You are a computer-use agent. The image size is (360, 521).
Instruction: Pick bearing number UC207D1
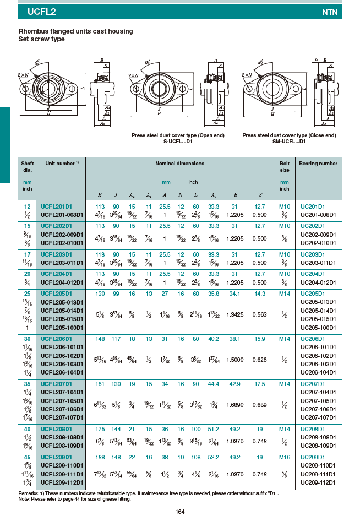pyautogui.click(x=312, y=383)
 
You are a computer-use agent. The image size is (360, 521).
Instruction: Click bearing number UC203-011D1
pyautogui.click(x=315, y=263)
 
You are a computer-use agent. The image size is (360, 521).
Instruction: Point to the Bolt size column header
pyautogui.click(x=285, y=166)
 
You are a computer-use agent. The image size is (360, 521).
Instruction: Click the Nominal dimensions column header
pyautogui.click(x=179, y=164)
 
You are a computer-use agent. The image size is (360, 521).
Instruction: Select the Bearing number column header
pyautogui.click(x=318, y=164)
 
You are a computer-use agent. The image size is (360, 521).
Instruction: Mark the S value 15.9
pyautogui.click(x=260, y=338)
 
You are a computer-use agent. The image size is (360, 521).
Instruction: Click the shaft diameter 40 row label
pyautogui.click(x=27, y=428)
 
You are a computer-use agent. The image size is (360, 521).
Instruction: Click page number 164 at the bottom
pyautogui.click(x=179, y=512)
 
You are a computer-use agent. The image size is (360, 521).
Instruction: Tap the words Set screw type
pyautogui.click(x=42, y=39)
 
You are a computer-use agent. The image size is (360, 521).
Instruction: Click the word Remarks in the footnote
pyautogui.click(x=28, y=493)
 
